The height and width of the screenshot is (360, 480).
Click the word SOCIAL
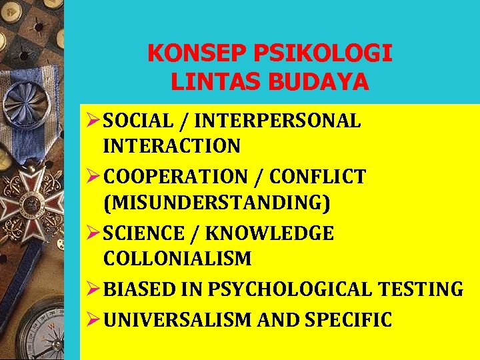click(x=137, y=121)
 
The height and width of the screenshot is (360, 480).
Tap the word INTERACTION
click(x=172, y=145)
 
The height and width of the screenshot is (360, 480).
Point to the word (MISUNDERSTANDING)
click(x=217, y=201)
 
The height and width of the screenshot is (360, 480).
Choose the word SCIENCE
click(x=145, y=233)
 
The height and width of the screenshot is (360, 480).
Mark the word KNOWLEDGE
click(x=270, y=233)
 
